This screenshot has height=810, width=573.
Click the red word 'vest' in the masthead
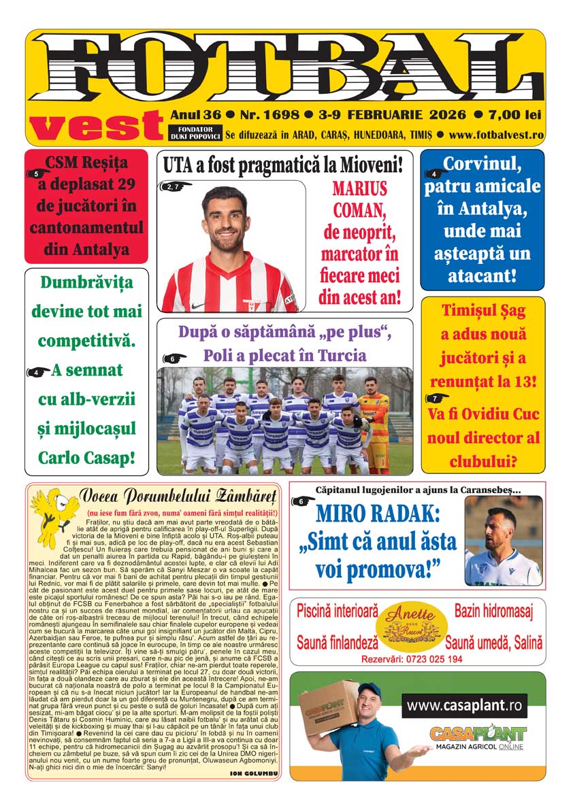[96, 125]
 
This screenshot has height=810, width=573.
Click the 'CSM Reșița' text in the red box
[86, 163]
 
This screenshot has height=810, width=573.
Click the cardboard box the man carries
[331, 711]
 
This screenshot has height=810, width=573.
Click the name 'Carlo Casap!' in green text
[86, 457]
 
